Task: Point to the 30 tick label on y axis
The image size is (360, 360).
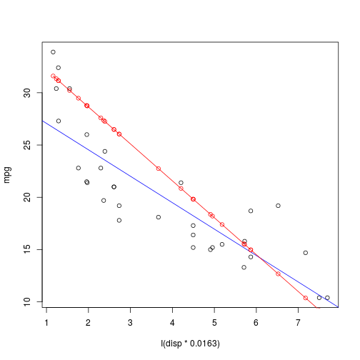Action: tap(25, 93)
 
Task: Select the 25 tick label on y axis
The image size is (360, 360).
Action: tap(25, 145)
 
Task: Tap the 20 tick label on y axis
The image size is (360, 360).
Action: tap(25, 197)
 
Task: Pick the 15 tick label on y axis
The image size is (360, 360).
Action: tap(25, 249)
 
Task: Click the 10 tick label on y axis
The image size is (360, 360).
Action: tap(25, 301)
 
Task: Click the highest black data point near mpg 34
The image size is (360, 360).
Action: tap(53, 52)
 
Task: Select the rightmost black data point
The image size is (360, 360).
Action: tap(327, 298)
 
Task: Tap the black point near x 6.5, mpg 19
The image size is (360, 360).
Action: tap(278, 206)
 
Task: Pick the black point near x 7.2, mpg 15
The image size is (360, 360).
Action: tap(306, 253)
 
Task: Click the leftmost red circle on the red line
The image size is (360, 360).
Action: tap(53, 76)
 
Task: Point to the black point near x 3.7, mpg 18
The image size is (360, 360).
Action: tap(159, 217)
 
